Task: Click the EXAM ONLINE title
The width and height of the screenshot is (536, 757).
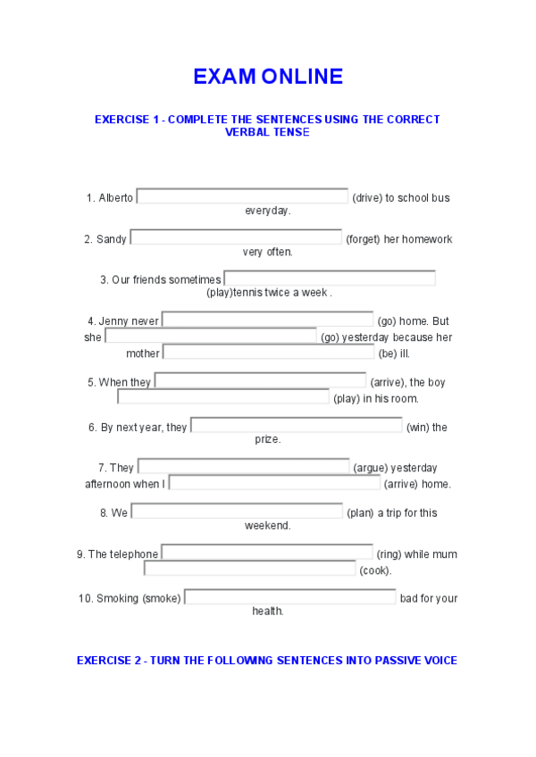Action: [x=267, y=77]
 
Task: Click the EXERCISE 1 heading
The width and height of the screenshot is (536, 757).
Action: [x=267, y=125]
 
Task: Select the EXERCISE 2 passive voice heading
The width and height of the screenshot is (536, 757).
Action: [x=267, y=661]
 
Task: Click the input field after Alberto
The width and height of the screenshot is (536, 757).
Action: [x=242, y=196]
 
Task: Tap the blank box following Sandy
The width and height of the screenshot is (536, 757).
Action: [x=236, y=237]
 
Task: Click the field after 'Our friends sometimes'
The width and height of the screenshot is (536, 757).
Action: [x=330, y=279]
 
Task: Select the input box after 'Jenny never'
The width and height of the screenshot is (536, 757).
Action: [x=268, y=320]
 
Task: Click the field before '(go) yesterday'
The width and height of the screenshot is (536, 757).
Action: [x=211, y=337]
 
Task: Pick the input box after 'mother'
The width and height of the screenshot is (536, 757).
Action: [x=268, y=353]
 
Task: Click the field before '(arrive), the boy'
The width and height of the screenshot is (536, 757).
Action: [x=260, y=381]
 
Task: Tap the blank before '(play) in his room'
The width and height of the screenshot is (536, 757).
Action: [x=223, y=397]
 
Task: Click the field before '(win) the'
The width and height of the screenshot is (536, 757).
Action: [x=297, y=426]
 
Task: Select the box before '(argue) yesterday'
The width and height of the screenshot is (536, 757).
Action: [x=243, y=466]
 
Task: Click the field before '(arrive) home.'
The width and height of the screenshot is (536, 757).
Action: [x=274, y=483]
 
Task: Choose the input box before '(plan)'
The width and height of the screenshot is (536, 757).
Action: [x=237, y=512]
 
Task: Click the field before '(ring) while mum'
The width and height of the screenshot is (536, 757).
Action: [x=267, y=553]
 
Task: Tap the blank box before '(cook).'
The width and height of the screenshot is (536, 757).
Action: [x=250, y=569]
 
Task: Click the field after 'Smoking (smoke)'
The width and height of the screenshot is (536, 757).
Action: [x=290, y=597]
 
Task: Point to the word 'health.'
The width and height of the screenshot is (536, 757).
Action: [x=267, y=611]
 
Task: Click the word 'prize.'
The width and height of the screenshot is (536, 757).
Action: [x=267, y=439]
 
